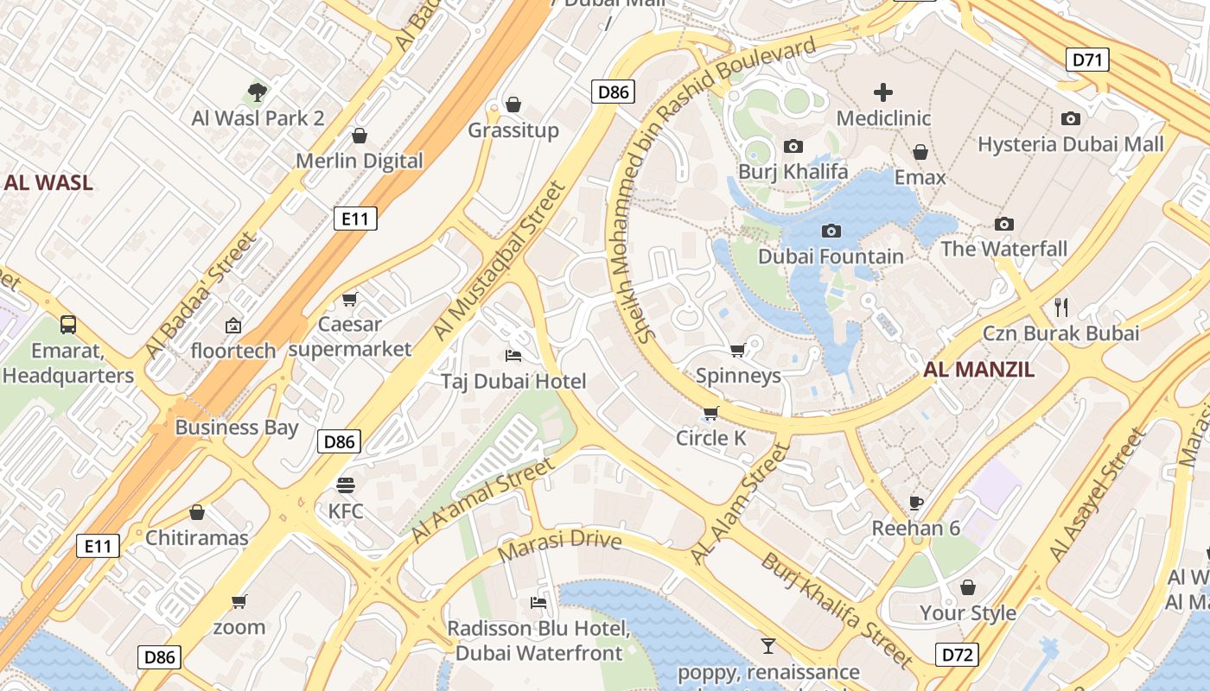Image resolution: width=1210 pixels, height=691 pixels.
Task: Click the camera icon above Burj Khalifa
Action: click(x=793, y=147)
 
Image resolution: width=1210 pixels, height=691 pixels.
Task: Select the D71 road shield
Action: click(x=1087, y=60)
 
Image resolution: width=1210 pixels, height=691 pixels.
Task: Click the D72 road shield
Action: click(x=957, y=655)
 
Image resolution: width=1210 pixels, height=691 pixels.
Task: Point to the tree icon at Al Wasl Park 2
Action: click(x=257, y=92)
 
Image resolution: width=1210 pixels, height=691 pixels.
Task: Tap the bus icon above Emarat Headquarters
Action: click(x=68, y=325)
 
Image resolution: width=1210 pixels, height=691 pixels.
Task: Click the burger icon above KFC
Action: click(x=346, y=485)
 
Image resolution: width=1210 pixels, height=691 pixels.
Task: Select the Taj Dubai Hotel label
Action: click(x=513, y=381)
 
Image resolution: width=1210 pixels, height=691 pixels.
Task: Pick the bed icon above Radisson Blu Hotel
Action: click(x=538, y=602)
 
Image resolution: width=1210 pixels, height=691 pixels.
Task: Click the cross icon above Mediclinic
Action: click(x=883, y=92)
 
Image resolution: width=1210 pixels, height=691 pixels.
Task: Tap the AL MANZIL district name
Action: click(x=978, y=370)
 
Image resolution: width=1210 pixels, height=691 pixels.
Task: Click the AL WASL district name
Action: click(x=48, y=182)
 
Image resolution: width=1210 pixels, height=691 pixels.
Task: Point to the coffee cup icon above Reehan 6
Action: click(x=916, y=503)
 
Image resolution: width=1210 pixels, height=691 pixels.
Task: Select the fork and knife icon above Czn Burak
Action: click(x=1061, y=307)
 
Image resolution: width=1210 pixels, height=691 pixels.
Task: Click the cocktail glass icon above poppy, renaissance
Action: click(x=767, y=645)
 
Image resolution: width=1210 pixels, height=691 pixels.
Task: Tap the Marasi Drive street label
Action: click(x=560, y=543)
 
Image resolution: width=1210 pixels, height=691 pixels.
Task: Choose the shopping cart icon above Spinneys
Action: click(x=737, y=350)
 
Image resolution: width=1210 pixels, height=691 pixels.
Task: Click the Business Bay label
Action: click(x=236, y=427)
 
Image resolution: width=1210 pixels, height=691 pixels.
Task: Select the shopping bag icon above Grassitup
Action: click(x=513, y=105)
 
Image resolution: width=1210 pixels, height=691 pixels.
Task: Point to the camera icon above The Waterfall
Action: click(x=1003, y=224)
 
